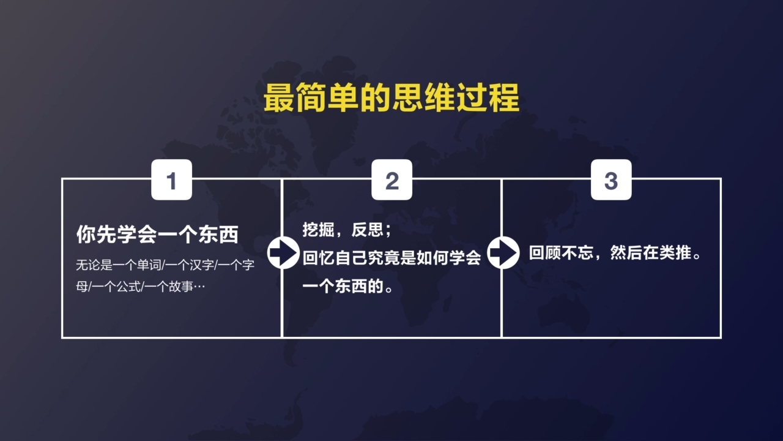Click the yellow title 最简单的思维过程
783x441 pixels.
tap(391, 99)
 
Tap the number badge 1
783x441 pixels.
tap(171, 180)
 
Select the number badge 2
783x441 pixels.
tap(391, 180)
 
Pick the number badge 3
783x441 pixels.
tap(611, 180)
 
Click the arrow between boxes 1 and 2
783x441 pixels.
tap(283, 252)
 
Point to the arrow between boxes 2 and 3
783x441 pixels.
tap(502, 252)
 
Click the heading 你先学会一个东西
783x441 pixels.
tap(157, 235)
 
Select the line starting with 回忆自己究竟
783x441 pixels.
tap(392, 258)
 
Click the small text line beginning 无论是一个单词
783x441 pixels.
tap(165, 266)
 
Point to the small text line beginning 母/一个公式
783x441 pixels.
tap(140, 286)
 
